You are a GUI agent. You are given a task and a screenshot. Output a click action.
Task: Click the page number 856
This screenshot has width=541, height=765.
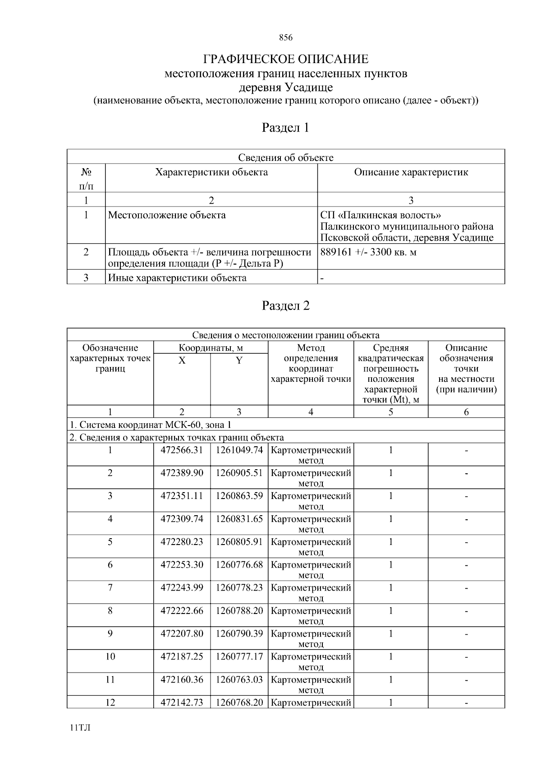click(286, 38)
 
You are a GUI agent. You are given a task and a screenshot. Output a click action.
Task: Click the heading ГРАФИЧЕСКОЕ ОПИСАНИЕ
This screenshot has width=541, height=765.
click(286, 59)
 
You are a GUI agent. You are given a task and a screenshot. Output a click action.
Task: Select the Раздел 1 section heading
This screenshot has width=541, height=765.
click(286, 128)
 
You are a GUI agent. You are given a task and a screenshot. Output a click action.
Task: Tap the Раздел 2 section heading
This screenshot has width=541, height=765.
click(286, 306)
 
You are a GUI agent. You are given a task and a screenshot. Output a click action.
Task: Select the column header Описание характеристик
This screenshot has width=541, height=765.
click(411, 172)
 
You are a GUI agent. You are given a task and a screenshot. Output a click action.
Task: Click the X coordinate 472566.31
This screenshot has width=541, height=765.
click(182, 450)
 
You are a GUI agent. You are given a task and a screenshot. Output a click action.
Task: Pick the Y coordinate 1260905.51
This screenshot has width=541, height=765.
click(239, 473)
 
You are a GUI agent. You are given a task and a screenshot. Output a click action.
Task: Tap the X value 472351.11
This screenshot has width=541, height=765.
click(182, 496)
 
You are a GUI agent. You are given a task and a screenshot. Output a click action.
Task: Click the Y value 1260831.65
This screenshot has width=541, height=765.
click(239, 519)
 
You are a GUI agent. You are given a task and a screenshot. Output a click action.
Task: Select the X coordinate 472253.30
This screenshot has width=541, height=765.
click(182, 565)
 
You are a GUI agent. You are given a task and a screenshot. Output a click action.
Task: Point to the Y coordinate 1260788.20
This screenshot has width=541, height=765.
click(239, 611)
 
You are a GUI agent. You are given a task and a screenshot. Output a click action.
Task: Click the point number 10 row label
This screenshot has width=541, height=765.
click(110, 657)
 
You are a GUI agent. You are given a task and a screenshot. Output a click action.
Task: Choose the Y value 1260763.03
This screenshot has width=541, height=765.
click(239, 680)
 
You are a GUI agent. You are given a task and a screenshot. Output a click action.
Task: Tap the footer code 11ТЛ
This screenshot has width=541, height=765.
click(80, 728)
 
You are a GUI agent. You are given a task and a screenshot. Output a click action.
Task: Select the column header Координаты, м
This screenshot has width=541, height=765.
click(211, 348)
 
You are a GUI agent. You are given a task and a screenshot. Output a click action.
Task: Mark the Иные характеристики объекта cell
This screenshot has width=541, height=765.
click(177, 278)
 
